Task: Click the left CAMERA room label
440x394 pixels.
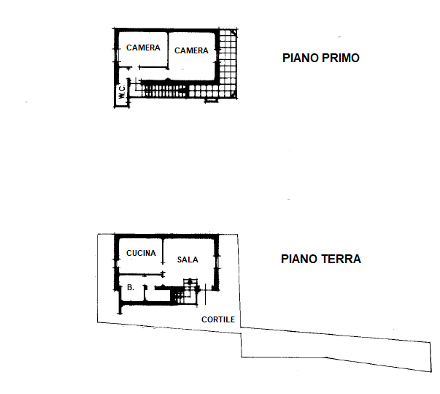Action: [x=143, y=48]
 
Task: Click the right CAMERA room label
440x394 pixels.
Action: [x=191, y=50]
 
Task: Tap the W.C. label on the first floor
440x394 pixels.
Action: [x=122, y=91]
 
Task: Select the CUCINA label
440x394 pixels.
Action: [x=141, y=253]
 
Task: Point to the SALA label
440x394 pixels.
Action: [x=188, y=259]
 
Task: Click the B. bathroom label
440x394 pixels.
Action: [x=131, y=287]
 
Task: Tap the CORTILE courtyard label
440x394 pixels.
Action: [x=218, y=319]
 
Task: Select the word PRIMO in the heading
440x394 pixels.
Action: [x=340, y=58]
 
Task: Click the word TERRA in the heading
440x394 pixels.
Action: [x=341, y=259]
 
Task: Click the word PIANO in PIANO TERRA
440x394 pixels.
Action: [x=299, y=259]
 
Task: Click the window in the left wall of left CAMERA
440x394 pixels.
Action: [x=115, y=56]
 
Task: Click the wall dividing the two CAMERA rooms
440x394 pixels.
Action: [x=168, y=50]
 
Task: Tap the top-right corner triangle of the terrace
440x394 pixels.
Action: [x=234, y=33]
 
